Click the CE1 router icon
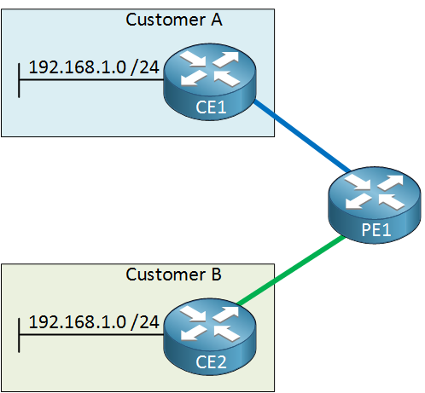pos(210,82)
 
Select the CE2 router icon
pos(210,337)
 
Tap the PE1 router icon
pos(375,205)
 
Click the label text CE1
pos(211,107)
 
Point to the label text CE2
pos(211,362)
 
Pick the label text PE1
pos(376,230)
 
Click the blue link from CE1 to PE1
pos(302,136)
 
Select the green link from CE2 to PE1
pos(291,270)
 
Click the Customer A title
pos(174,20)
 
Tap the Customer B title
pos(173,275)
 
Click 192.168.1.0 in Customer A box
pos(78,67)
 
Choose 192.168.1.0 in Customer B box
pos(78,322)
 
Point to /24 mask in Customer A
pos(144,67)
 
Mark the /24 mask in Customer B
pos(144,322)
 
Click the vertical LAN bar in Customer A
pos(19,80)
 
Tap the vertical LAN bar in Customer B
pos(19,335)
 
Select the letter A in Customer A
pos(217,20)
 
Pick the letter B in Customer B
pos(216,275)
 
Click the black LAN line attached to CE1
pos(91,80)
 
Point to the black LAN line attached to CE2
pos(91,335)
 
